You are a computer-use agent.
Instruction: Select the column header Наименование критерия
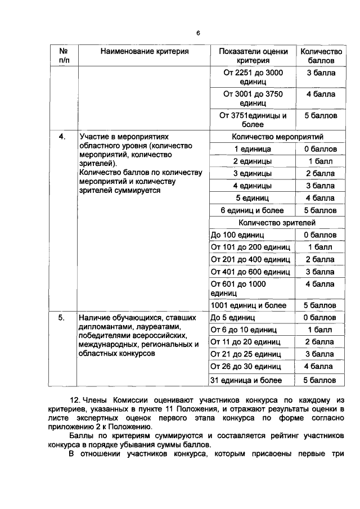tap(145, 51)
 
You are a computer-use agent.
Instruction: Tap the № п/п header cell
tap(64, 55)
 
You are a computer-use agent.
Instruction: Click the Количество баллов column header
tap(317, 55)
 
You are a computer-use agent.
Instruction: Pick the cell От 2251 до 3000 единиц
tap(253, 77)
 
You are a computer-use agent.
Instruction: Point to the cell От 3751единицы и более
tap(253, 120)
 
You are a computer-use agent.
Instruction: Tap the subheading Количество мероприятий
tap(277, 137)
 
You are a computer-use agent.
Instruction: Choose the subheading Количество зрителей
tap(277, 223)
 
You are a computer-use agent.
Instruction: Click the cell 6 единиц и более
tap(253, 210)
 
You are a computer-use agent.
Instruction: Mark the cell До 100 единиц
tap(237, 235)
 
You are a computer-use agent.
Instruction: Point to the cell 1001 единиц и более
tap(248, 305)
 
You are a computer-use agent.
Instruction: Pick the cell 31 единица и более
tap(246, 380)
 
